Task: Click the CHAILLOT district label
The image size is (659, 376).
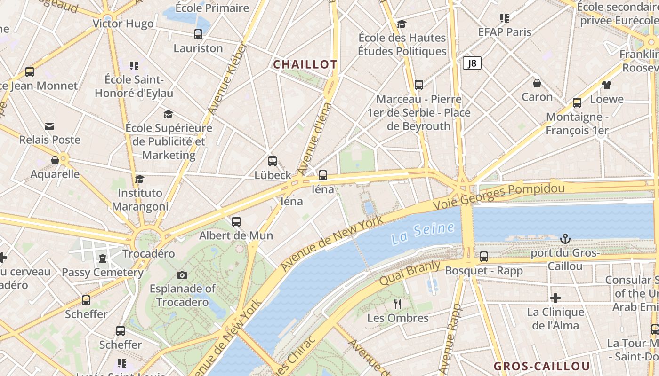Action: point(305,64)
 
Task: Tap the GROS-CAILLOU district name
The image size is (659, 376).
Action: point(541,366)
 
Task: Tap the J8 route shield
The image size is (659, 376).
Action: point(472,63)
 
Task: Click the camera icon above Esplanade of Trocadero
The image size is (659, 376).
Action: point(182,275)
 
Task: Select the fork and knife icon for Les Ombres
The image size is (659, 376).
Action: point(398,304)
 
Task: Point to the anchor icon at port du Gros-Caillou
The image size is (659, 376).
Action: point(565,239)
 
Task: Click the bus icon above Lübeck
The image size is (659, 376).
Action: point(272,161)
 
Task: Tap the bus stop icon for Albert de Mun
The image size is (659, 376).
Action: point(236,221)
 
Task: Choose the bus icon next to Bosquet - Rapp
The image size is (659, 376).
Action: point(483,257)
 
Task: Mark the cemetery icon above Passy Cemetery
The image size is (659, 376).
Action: point(102,258)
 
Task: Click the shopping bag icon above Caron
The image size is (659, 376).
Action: point(537,83)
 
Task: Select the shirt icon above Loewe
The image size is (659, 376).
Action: point(606,85)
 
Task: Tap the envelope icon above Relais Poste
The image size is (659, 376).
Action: point(49,126)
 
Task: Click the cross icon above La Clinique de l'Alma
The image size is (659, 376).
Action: point(555,298)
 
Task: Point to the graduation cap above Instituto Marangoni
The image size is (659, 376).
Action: point(139,179)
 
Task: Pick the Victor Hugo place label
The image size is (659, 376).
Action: point(123,23)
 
